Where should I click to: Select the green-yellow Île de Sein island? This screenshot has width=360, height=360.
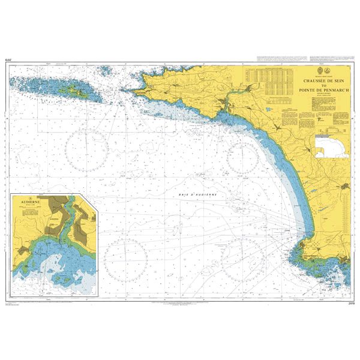[76, 91]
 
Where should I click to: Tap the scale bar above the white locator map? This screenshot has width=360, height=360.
[331, 133]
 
